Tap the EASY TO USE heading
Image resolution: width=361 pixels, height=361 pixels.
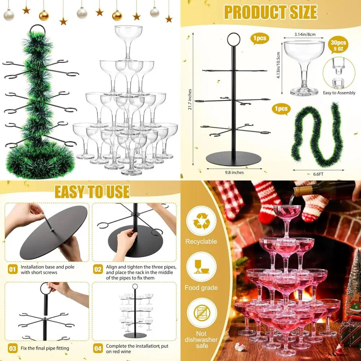click(x=92, y=191)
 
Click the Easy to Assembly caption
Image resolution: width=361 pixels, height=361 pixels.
click(x=339, y=93)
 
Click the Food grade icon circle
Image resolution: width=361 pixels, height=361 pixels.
click(x=201, y=267)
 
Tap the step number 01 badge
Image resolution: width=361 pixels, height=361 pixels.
click(x=13, y=269)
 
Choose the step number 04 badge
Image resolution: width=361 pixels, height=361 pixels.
click(x=98, y=348)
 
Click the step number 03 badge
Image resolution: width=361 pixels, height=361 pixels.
click(x=13, y=349)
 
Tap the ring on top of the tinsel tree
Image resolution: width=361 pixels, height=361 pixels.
click(x=36, y=28)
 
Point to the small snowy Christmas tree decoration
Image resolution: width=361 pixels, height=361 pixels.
click(x=353, y=282)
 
